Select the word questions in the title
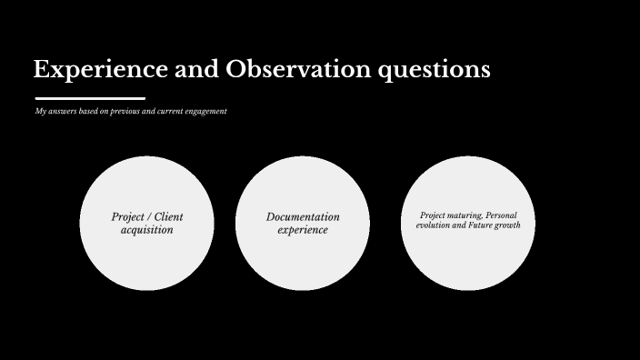coord(438,70)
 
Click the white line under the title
coord(90,97)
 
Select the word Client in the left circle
coord(168,217)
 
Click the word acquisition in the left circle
coord(147,230)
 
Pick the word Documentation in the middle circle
coord(303,217)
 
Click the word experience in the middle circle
coord(303,230)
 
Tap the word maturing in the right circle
coord(462,215)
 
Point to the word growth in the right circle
coord(507,225)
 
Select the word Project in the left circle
coord(126,217)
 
